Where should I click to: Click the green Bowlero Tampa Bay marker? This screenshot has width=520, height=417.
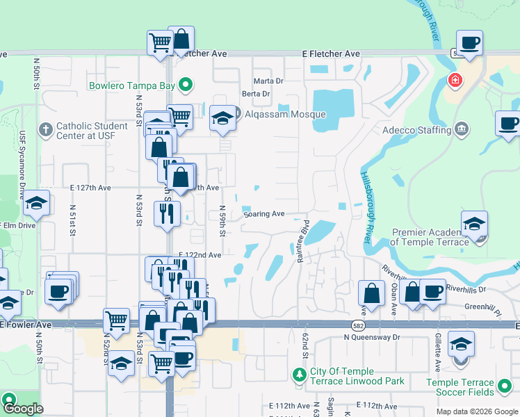pos(185,86)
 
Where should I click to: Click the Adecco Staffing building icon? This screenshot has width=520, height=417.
pos(460,129)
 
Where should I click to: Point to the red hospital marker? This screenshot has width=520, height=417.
pos(455,81)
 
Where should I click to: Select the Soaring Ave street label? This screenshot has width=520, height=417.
pos(264,214)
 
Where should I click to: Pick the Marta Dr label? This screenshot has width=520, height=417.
pos(268,81)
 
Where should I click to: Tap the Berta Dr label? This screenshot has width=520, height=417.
pos(255,94)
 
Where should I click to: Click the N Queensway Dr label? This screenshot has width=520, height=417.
pos(373,337)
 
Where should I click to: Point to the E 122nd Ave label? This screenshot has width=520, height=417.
pos(200,255)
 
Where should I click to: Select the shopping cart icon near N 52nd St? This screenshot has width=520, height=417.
pos(115,320)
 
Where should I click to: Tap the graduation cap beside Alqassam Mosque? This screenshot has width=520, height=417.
pos(222,118)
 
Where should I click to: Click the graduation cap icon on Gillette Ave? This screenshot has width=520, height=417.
pos(461,343)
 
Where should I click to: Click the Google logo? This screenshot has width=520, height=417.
pos(24,409)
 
